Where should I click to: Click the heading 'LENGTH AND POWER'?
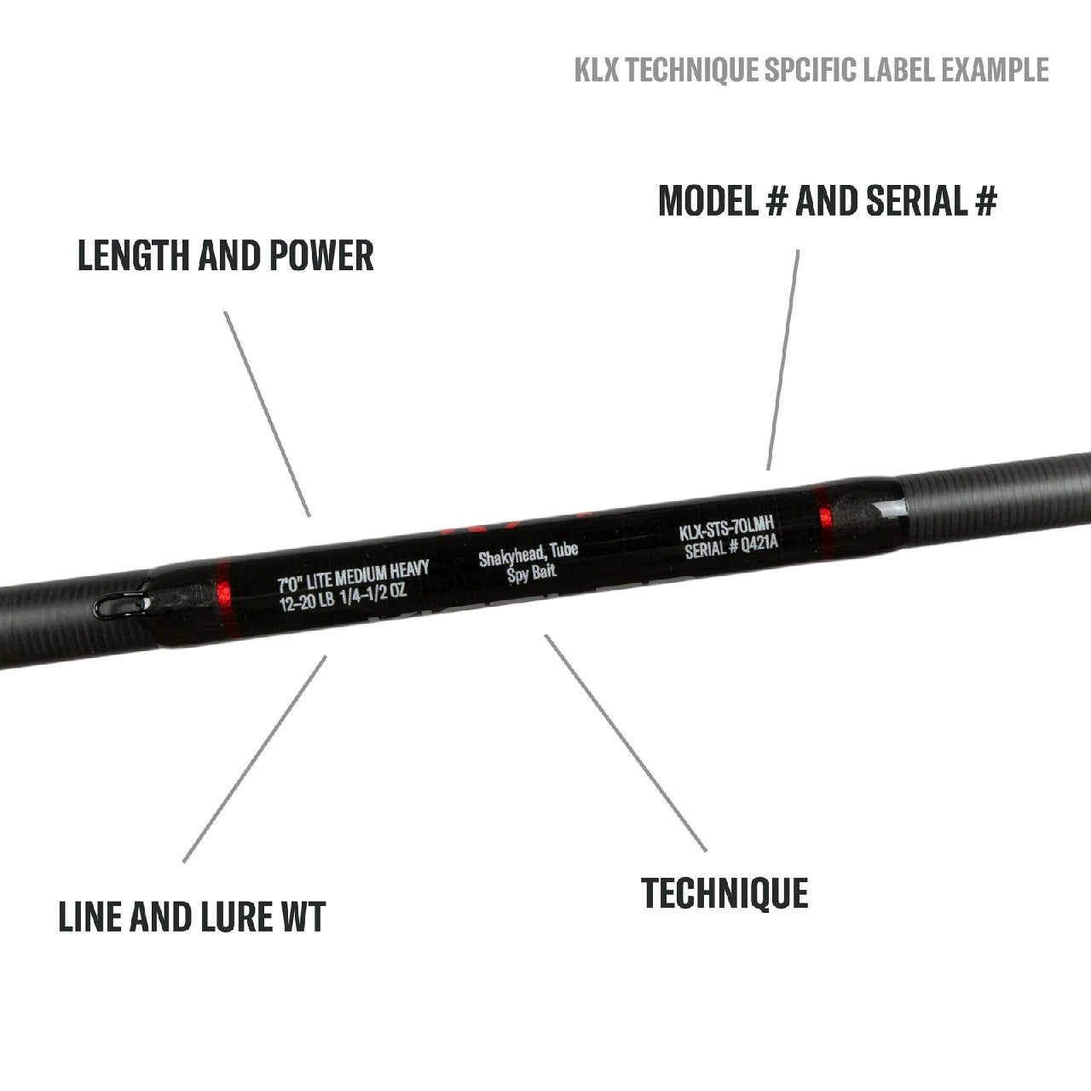[226, 256]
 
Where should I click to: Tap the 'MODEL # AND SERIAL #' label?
[827, 201]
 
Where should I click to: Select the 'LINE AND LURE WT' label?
[192, 917]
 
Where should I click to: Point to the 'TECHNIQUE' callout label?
[724, 892]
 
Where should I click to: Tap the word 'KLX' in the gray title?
[597, 70]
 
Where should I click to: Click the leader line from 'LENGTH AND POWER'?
[267, 413]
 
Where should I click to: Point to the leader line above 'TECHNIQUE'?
[626, 742]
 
